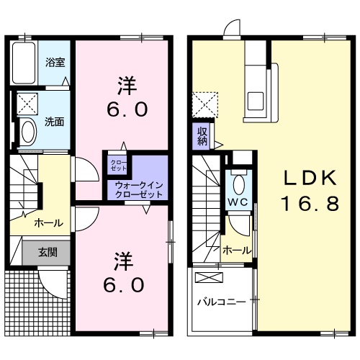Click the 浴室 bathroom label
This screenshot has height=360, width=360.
56,62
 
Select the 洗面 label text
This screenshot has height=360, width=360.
55,120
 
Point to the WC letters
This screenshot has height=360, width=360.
238,202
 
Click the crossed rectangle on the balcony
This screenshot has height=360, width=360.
211,277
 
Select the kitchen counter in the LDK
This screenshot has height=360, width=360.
257,79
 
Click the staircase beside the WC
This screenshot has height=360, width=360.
207,209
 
